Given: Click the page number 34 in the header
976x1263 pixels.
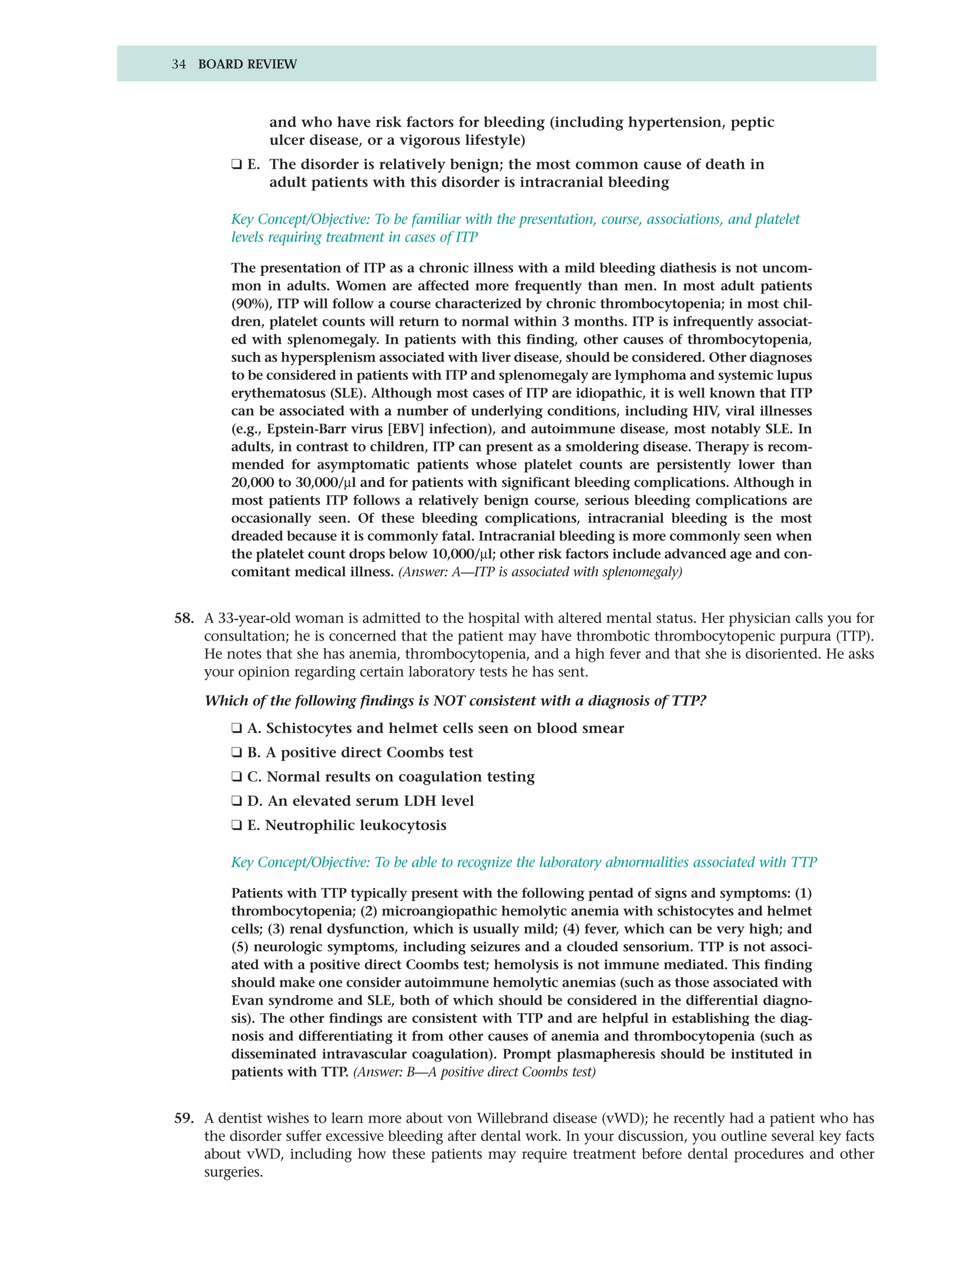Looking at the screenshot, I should coord(179,64).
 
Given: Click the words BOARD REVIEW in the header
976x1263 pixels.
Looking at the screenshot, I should coord(247,64).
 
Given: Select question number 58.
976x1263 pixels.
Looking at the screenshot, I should coord(184,618).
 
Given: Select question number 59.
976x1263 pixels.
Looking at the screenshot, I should coord(184,1119).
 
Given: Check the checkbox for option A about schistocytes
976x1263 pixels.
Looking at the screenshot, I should coord(236,728).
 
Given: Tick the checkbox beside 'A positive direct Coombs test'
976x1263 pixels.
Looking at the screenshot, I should coord(236,753).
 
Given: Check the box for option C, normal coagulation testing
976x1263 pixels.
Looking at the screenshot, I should coord(236,777).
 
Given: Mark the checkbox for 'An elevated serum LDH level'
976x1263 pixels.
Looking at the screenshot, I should coord(236,801).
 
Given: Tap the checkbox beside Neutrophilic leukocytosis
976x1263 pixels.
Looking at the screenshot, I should coord(236,825).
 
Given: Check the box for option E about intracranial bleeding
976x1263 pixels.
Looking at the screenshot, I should coord(236,165).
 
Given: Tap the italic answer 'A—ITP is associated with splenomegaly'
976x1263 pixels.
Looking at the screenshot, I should coord(540,572).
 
